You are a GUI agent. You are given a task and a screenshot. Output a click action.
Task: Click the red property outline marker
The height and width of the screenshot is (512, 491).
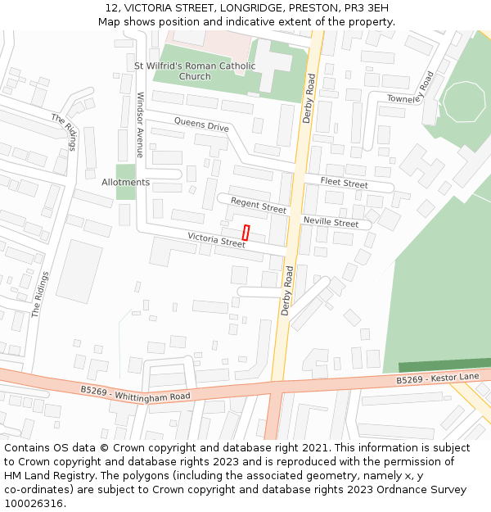tap(245, 232)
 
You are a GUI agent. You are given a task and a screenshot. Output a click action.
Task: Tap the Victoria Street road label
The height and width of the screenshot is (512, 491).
tap(216, 240)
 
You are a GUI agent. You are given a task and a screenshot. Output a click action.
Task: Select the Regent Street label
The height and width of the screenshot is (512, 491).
tap(259, 206)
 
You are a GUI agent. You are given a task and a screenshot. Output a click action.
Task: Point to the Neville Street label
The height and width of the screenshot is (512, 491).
tap(331, 223)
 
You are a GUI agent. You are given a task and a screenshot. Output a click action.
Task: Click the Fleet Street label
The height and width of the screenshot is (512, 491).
tap(344, 184)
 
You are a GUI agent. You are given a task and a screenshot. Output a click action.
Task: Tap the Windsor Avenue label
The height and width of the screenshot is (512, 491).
tap(140, 125)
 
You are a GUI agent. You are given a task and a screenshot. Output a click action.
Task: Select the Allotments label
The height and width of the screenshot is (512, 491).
tap(125, 182)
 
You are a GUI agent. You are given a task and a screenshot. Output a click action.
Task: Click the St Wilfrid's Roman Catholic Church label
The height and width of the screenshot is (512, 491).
tap(195, 71)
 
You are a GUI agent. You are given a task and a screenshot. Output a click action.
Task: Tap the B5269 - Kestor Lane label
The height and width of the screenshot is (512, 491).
tap(438, 378)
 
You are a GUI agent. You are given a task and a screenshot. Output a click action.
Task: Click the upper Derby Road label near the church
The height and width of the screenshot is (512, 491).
tap(309, 99)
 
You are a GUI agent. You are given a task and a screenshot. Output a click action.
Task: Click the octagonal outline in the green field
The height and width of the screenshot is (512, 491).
tap(464, 102)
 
